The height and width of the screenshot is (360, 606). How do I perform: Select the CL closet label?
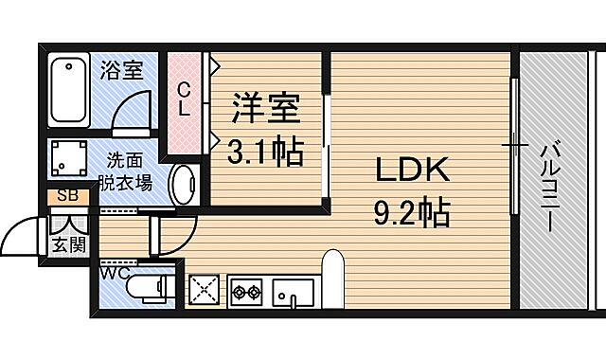coord(185,99)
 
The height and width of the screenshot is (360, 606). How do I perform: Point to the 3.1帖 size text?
coord(265,150)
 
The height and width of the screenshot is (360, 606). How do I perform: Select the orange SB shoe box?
coord(68,197)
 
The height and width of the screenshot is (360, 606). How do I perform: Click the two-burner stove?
coord(247,291)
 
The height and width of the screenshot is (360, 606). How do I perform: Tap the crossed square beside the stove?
coord(205,290)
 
